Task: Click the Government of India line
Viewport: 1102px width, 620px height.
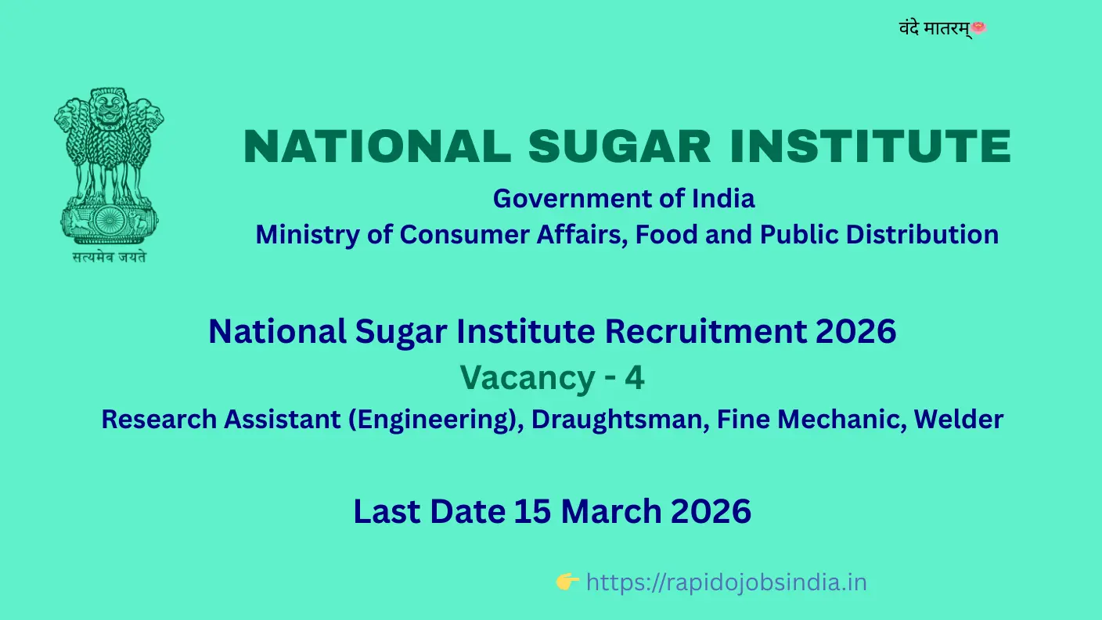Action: click(624, 199)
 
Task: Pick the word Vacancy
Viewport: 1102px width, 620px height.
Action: click(528, 378)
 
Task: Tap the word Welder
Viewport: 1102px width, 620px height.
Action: click(959, 420)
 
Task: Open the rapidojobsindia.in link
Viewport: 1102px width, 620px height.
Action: click(726, 582)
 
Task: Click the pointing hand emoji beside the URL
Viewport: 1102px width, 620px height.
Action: click(567, 582)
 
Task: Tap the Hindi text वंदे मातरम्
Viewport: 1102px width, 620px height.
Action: click(935, 29)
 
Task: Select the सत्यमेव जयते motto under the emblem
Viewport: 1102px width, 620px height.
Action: click(109, 256)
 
